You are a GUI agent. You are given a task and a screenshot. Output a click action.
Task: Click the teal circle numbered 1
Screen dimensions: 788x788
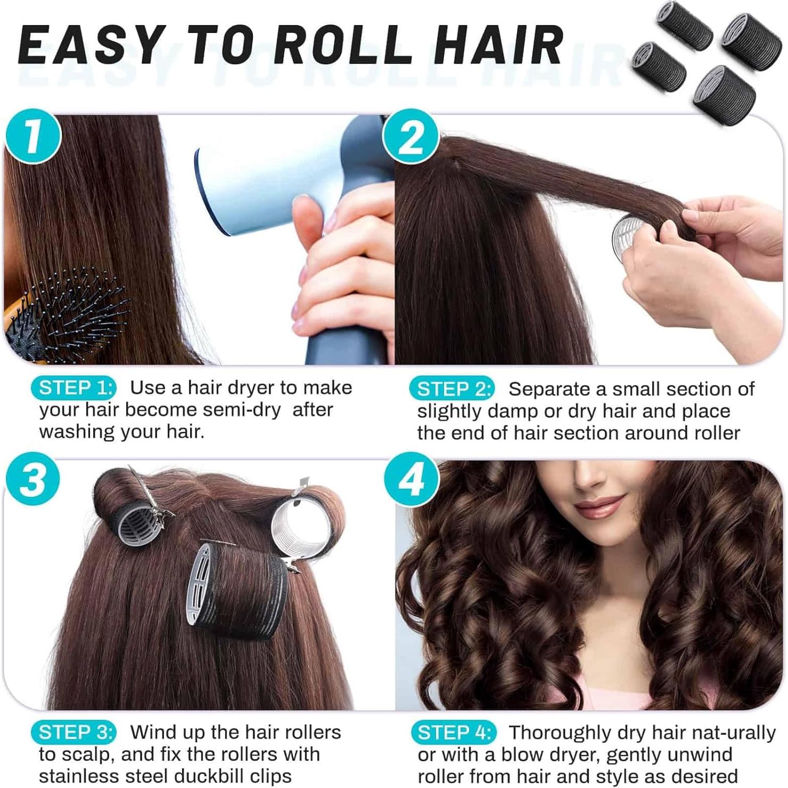click(x=33, y=136)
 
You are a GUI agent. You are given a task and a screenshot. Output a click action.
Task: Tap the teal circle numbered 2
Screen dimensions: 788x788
click(x=411, y=136)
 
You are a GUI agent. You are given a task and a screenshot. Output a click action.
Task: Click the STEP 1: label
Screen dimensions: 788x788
click(x=74, y=388)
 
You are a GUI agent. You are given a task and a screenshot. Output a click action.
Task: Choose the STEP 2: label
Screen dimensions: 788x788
click(x=452, y=389)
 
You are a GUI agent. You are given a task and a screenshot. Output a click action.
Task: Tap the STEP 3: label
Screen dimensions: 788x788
click(x=74, y=732)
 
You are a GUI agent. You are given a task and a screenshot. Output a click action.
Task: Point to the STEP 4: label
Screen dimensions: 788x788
click(x=454, y=733)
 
